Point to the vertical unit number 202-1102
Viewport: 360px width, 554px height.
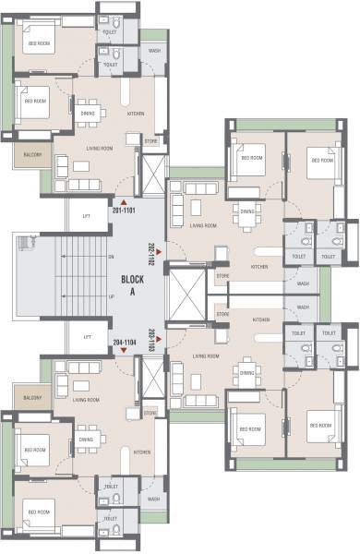click(x=151, y=250)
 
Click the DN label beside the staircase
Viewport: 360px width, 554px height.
click(x=111, y=256)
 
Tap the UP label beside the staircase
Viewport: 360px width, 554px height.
click(x=112, y=296)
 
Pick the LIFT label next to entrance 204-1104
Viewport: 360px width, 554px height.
click(x=88, y=337)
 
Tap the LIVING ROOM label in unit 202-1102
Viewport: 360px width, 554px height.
click(x=203, y=225)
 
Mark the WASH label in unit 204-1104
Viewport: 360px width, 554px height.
click(x=153, y=500)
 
